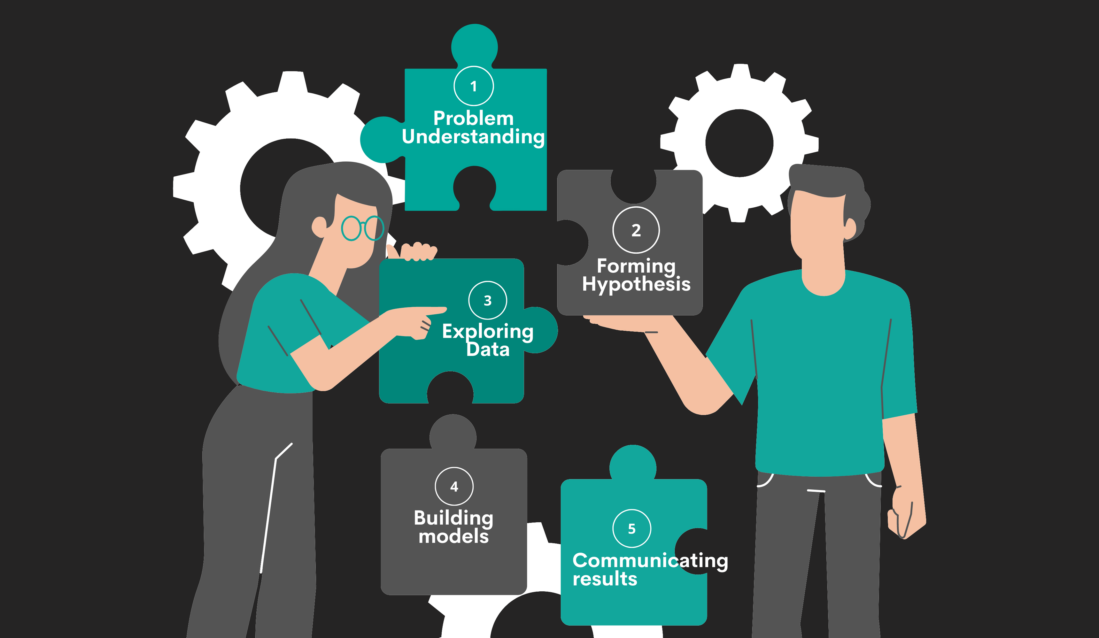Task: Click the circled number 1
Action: [x=474, y=86]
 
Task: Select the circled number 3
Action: [x=488, y=300]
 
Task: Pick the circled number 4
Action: [x=454, y=486]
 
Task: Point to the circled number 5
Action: [x=631, y=528]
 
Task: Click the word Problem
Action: [x=474, y=118]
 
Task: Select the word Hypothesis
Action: [x=636, y=284]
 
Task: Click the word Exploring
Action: [x=488, y=331]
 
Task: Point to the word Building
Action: [x=453, y=518]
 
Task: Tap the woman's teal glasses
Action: [x=362, y=228]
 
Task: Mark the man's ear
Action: [x=850, y=228]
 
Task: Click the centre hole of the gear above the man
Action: [x=739, y=143]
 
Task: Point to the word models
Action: [x=453, y=536]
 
